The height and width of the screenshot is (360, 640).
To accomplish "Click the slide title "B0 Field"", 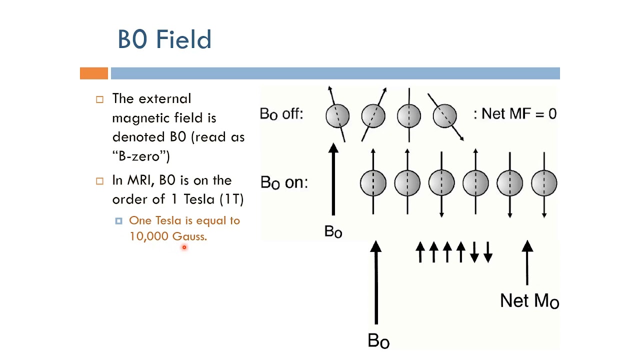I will tap(164, 39).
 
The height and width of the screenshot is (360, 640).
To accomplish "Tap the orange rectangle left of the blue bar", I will tap(94, 73).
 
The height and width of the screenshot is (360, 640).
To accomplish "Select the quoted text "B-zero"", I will tap(141, 156).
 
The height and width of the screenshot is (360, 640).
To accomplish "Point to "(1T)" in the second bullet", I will tap(231, 199).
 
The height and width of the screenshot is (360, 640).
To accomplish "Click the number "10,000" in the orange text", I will tap(148, 236).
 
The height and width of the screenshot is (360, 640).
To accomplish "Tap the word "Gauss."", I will tap(189, 236).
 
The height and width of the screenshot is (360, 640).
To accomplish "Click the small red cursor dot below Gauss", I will tap(184, 247).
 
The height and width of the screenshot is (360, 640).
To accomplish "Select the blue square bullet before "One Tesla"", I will tap(118, 221).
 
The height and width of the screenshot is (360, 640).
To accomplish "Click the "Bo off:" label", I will tap(281, 114).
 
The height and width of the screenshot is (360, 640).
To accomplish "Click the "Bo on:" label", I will tap(284, 182).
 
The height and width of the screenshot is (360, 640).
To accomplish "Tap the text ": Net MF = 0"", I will tap(514, 114).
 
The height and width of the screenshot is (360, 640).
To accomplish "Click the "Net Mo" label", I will tap(529, 301).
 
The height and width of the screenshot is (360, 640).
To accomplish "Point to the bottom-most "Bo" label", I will tap(378, 341).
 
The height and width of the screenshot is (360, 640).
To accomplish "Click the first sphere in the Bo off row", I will tap(337, 116).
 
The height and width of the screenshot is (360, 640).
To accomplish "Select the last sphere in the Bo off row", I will tap(444, 116).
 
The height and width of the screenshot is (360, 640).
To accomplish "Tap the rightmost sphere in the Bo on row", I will tap(544, 183).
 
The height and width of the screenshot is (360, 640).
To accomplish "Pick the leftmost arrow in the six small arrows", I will tap(420, 252).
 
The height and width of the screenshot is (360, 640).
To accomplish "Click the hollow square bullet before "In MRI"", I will tap(99, 181).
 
